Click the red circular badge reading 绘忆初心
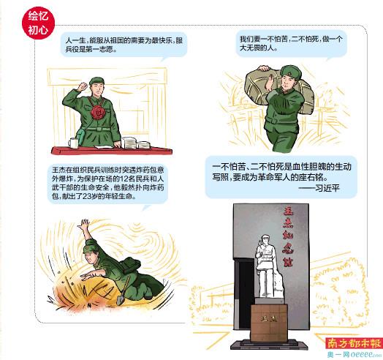[x=38, y=23]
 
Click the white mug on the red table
[x=74, y=143]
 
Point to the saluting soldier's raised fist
[x=83, y=86]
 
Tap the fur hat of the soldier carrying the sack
[x=291, y=71]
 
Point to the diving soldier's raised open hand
[x=83, y=225]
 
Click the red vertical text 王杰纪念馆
[x=288, y=238]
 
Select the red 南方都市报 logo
[x=354, y=344]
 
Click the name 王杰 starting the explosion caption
[x=58, y=170]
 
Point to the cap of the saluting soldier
[x=96, y=81]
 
